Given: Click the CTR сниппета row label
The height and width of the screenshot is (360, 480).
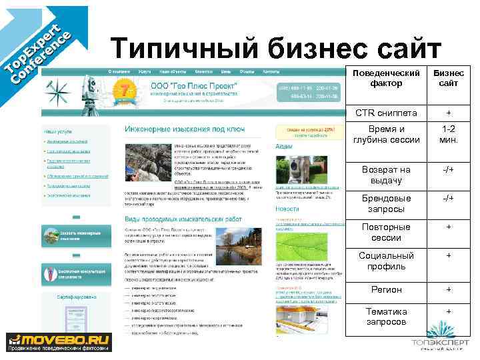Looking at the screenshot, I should [386, 113].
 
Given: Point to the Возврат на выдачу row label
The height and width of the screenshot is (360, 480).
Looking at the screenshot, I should [386, 175].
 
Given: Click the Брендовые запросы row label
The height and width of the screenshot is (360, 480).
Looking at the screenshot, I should [386, 204].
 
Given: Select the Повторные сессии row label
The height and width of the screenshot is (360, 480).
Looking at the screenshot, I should [386, 233].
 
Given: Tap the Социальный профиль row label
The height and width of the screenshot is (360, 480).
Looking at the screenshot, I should [386, 261].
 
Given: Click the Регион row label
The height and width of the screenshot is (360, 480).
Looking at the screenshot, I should [386, 290].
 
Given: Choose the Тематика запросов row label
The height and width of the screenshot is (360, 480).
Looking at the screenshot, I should [386, 317].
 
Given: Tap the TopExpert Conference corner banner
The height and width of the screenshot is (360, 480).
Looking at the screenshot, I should [37, 50].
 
